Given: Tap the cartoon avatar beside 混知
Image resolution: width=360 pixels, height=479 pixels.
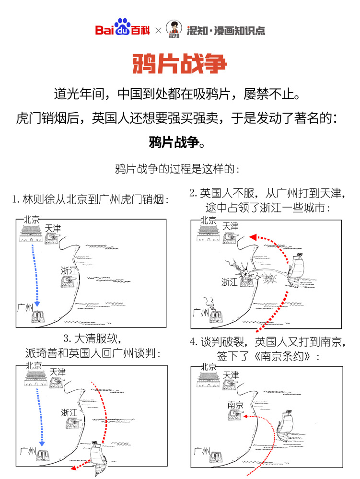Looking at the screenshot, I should pos(174,30).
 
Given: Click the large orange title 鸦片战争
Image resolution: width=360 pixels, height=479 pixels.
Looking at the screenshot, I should pos(179,64).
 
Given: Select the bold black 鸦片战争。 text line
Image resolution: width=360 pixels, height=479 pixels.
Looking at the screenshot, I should pos(179,142).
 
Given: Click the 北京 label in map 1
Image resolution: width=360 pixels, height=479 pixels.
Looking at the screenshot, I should pos(31,220).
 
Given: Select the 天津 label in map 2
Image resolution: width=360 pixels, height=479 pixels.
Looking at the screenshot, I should pos(230,226).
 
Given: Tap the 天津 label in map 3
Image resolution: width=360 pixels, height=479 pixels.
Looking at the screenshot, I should pos(58,372).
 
